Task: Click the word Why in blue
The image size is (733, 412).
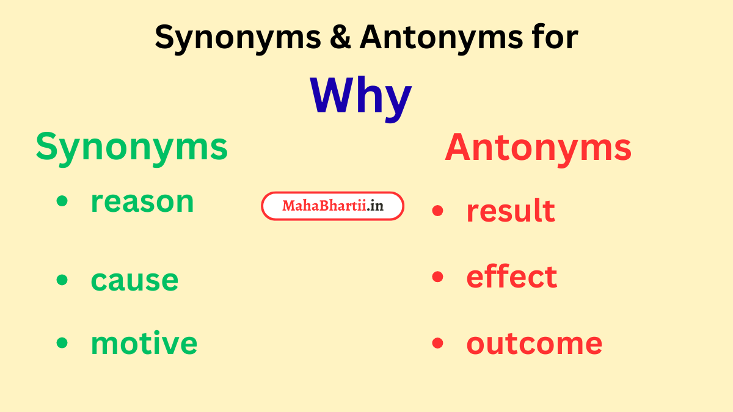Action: pyautogui.click(x=360, y=96)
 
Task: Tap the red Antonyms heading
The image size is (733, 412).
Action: pyautogui.click(x=538, y=148)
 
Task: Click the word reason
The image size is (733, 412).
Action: pyautogui.click(x=142, y=202)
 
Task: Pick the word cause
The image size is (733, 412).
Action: pyautogui.click(x=134, y=280)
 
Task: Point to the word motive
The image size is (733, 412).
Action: pyautogui.click(x=144, y=343)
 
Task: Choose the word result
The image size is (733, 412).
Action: pyautogui.click(x=511, y=211)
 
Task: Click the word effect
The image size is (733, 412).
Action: pyautogui.click(x=511, y=276)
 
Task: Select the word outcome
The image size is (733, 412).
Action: pyautogui.click(x=534, y=343)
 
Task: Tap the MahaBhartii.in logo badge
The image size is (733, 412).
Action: pyautogui.click(x=333, y=206)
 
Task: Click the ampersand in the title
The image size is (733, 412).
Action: pyautogui.click(x=340, y=38)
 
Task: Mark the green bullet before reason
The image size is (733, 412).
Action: pyautogui.click(x=62, y=202)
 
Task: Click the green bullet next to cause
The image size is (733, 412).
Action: pyautogui.click(x=62, y=280)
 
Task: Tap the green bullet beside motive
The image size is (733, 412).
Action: pyautogui.click(x=62, y=343)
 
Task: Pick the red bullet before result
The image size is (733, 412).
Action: pyautogui.click(x=437, y=211)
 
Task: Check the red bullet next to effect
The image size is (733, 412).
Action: pyautogui.click(x=437, y=276)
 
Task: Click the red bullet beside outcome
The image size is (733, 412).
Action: pyautogui.click(x=437, y=343)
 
